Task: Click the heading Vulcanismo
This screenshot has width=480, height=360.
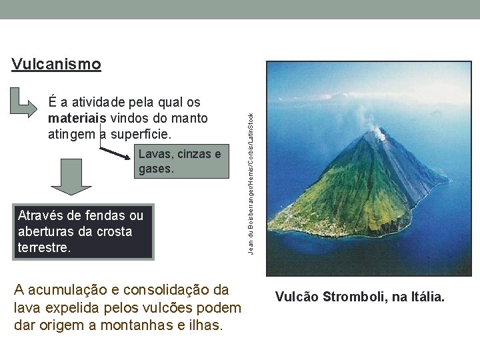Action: tap(56, 65)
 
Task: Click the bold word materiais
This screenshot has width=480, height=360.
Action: tap(73, 119)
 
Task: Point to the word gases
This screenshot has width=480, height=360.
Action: tap(157, 170)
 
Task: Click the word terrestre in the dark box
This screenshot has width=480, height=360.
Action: tap(45, 247)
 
